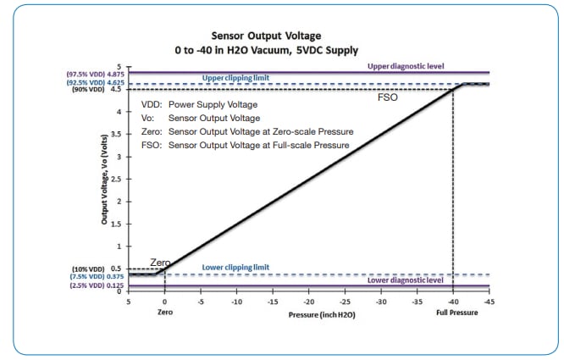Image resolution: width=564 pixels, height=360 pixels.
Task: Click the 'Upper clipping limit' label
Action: click(x=235, y=78)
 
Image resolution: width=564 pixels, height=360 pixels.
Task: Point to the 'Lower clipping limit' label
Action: click(x=235, y=267)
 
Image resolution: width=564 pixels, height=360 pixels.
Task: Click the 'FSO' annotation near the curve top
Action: click(x=389, y=97)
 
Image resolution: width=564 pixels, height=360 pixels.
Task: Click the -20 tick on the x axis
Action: click(x=309, y=301)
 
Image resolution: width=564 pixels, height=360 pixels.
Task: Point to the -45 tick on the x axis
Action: click(x=489, y=301)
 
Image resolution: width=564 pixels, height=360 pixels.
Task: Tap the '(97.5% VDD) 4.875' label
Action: click(x=94, y=74)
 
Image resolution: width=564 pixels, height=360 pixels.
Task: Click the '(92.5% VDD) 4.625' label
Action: click(x=94, y=82)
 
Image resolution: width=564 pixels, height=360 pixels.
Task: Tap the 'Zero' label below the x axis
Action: click(x=165, y=312)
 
